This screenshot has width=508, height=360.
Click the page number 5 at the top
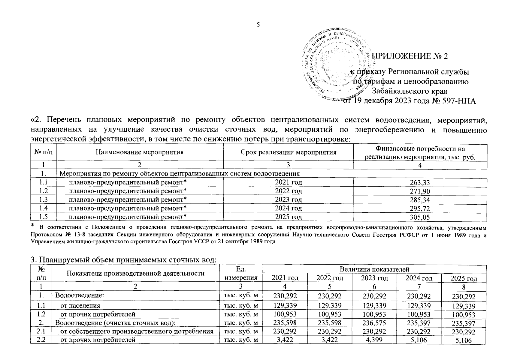click(258, 25)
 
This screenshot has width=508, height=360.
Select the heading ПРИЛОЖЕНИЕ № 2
click(410, 56)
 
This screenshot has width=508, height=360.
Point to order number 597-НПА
click(458, 101)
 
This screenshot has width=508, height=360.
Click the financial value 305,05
click(420, 217)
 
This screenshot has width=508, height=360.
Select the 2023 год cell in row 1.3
click(288, 199)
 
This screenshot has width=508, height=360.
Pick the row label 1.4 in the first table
click(44, 208)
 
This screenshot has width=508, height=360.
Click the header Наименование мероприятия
click(140, 152)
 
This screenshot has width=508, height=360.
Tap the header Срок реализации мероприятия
click(288, 152)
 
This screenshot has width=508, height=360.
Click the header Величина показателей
click(374, 269)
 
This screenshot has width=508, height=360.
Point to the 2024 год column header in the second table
click(419, 278)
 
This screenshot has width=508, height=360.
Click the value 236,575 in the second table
click(374, 323)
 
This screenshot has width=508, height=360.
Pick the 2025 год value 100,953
click(464, 315)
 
